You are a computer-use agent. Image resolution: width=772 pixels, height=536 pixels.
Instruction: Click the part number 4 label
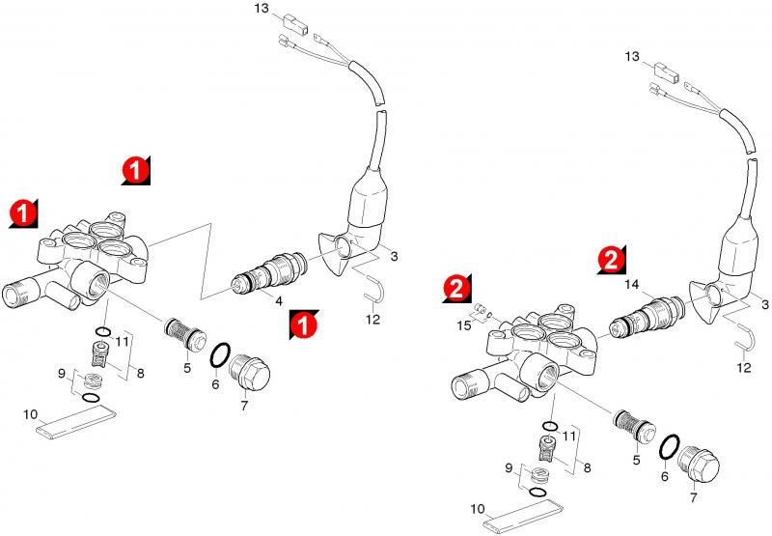[x=279, y=301]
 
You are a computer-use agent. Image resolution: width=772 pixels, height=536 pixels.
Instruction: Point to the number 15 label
[x=465, y=327]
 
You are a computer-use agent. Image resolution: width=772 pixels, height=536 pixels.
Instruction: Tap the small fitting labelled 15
[x=480, y=311]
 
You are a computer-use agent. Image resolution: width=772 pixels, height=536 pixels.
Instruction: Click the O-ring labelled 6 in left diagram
[x=221, y=355]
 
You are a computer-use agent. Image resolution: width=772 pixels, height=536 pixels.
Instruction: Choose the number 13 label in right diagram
[x=631, y=59]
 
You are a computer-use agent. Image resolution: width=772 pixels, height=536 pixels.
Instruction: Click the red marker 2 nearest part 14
[x=610, y=259]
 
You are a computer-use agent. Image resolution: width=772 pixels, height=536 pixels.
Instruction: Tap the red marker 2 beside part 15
[x=456, y=287]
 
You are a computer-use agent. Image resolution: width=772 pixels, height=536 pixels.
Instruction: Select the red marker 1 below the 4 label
[x=303, y=325]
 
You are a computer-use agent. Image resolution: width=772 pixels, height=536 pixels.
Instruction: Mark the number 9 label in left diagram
[x=61, y=374]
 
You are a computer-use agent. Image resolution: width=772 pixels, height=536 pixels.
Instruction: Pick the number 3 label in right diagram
[x=765, y=305]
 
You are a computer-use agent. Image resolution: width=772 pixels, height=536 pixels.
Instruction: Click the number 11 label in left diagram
[x=123, y=341]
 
